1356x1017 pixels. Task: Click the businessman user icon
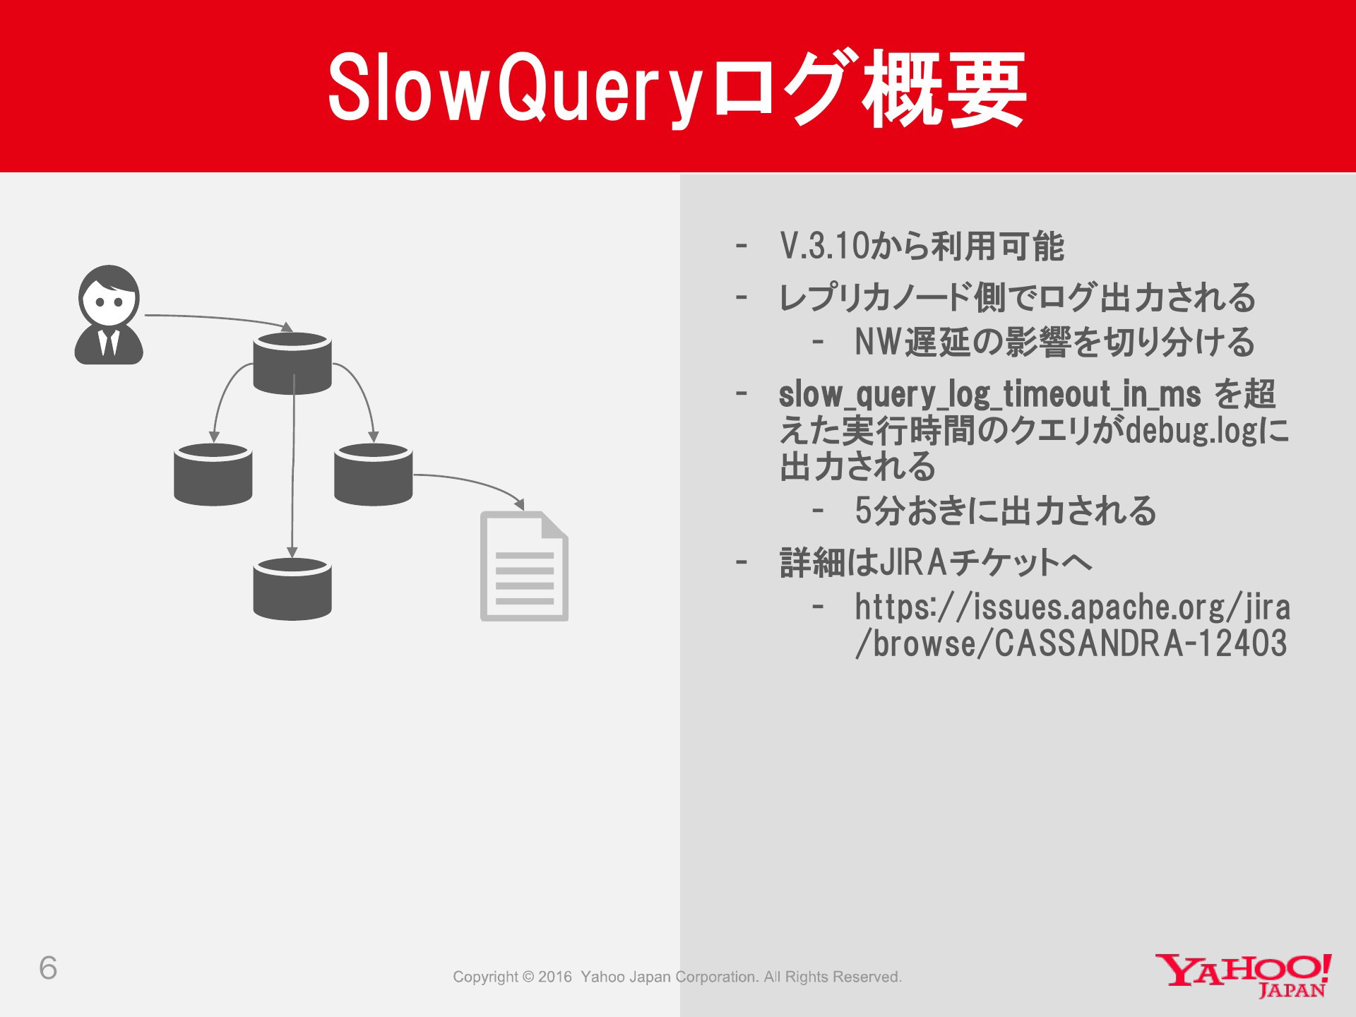[109, 315]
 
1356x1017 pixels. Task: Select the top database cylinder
[292, 364]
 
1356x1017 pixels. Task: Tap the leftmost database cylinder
[213, 475]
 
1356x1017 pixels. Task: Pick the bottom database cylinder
[292, 589]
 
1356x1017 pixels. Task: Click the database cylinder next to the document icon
[373, 475]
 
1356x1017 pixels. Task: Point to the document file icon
[524, 566]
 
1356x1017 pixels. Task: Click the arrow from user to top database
[212, 318]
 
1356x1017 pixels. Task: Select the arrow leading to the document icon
[473, 482]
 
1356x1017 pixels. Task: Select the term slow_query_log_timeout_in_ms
[989, 394]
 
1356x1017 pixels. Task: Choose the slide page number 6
[48, 968]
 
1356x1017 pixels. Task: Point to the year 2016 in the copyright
[554, 977]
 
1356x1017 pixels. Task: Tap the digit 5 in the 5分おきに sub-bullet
[863, 511]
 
